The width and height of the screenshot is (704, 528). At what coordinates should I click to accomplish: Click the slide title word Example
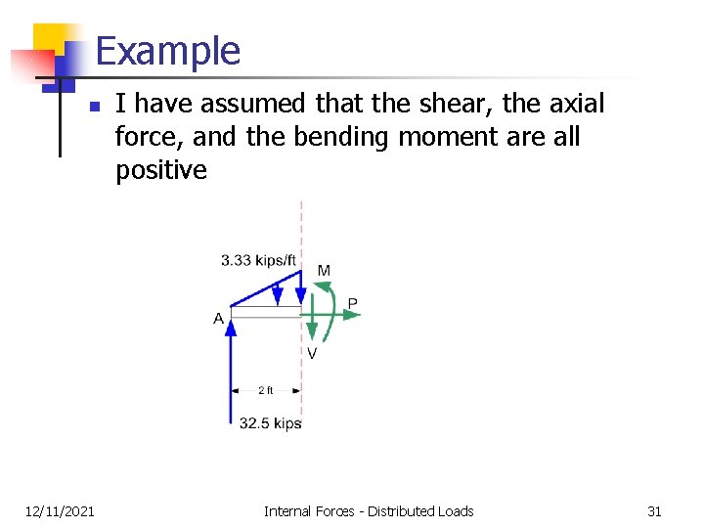click(168, 51)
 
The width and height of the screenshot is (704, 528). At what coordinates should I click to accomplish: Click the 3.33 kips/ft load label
click(260, 260)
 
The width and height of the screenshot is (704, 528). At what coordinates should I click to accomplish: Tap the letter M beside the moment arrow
click(324, 270)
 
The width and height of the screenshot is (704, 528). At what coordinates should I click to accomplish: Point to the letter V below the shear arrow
click(312, 353)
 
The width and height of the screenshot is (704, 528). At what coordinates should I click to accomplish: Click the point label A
click(218, 319)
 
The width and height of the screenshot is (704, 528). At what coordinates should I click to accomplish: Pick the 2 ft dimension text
click(266, 390)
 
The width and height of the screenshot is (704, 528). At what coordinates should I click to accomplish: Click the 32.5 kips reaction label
click(270, 423)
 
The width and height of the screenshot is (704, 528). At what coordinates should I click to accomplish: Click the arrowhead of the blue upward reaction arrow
click(231, 327)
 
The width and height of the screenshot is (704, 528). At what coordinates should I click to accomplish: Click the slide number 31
click(654, 510)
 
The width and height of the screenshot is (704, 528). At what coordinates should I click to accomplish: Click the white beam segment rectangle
click(265, 312)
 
